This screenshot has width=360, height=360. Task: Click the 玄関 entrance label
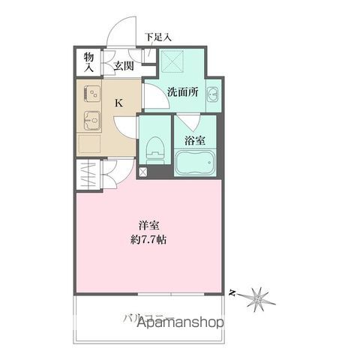pos(123,65)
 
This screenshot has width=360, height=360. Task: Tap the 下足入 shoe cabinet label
pos(158,35)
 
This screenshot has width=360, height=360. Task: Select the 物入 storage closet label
pos(88,61)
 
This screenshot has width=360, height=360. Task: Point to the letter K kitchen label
pos(118,103)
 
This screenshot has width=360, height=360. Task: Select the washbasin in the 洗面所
pos(213,94)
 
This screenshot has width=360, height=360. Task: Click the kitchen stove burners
pos(94,94)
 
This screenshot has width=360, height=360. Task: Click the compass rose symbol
pos(258,297)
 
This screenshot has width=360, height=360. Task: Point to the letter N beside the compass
pos(234,291)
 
